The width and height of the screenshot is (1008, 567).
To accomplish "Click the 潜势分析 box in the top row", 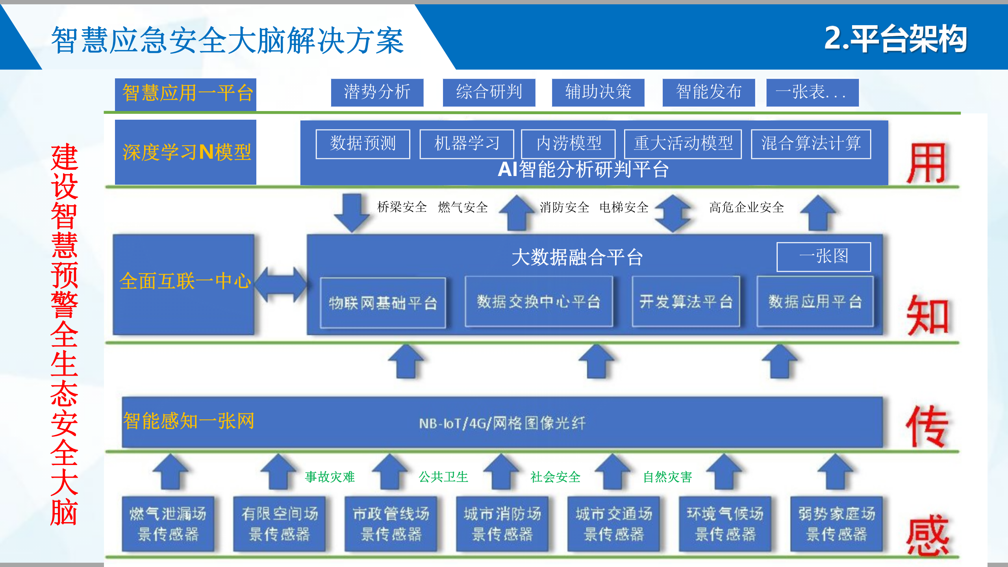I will (x=377, y=93).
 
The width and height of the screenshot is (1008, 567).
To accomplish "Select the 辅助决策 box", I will (x=598, y=93).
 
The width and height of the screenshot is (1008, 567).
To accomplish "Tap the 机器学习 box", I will (x=467, y=144).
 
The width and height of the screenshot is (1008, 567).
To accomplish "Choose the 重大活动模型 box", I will (x=683, y=144).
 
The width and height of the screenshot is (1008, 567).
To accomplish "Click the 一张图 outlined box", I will (x=823, y=257).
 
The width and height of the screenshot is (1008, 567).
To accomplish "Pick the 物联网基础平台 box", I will (x=383, y=303).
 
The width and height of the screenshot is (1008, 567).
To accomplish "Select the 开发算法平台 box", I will (x=686, y=302).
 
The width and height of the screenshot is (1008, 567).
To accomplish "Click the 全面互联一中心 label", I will (x=185, y=281).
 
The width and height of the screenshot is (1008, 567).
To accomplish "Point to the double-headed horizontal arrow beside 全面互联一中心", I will (x=281, y=284).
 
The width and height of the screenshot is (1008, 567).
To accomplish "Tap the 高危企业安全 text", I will (x=746, y=208).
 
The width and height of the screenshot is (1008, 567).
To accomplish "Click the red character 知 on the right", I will (x=927, y=316).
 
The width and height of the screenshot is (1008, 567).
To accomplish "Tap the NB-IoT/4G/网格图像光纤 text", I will (x=502, y=423).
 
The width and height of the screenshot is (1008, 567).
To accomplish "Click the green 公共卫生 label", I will (x=443, y=477).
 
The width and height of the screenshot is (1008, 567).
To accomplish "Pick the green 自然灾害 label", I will (x=667, y=477).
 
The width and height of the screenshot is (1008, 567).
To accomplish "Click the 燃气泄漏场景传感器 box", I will (x=168, y=524).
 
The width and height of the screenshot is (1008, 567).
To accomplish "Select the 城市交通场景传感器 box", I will (x=613, y=524).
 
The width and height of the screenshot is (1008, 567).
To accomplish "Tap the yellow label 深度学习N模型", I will (x=186, y=152).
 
